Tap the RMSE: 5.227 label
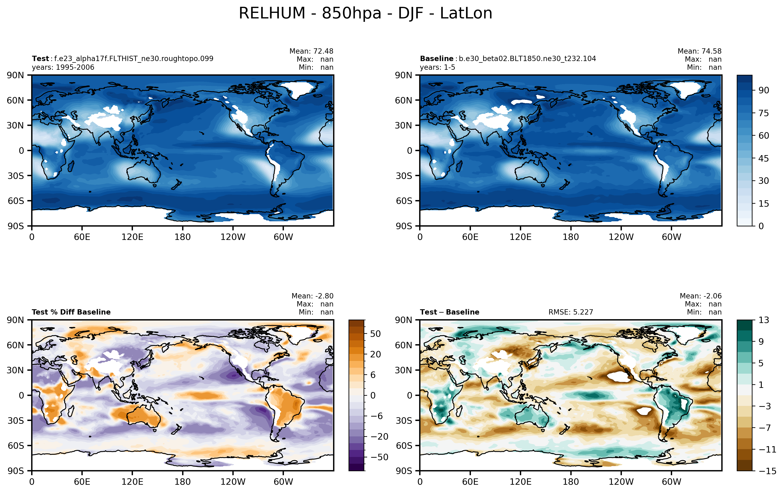571,312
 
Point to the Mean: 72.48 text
311,51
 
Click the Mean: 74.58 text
699,51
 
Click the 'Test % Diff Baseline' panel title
71,312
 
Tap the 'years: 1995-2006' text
63,67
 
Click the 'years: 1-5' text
437,67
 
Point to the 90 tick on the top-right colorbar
763,90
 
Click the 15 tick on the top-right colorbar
763,203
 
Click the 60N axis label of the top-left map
15,100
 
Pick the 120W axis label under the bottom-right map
621,481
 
